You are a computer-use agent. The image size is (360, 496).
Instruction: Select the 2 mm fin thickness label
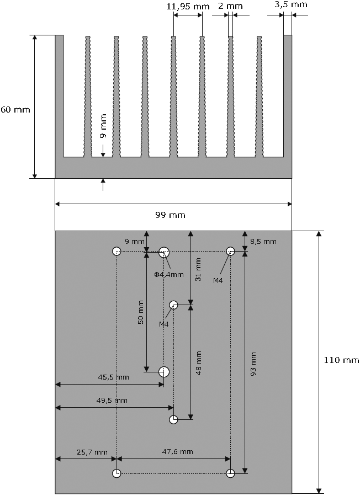click(x=230, y=6)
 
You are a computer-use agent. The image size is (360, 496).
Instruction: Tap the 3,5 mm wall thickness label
click(x=290, y=4)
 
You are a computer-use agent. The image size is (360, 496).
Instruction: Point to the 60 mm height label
click(x=15, y=109)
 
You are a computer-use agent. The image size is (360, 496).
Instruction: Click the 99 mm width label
click(x=173, y=214)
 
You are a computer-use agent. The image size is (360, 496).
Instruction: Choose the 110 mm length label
click(x=341, y=360)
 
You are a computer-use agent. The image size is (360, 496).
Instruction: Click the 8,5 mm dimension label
click(x=263, y=242)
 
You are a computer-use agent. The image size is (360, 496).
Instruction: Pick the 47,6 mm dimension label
click(x=177, y=452)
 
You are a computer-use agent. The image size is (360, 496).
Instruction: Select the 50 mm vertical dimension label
click(x=141, y=311)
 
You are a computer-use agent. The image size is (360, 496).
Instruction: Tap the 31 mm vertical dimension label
click(x=199, y=269)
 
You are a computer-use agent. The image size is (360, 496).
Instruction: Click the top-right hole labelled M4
click(x=230, y=252)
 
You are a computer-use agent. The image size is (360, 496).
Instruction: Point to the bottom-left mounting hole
click(x=117, y=473)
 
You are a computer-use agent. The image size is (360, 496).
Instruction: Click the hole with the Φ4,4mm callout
click(x=164, y=252)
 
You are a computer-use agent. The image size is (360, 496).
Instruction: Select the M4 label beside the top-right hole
click(x=219, y=280)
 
